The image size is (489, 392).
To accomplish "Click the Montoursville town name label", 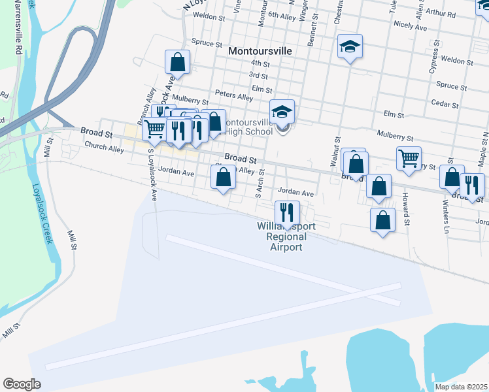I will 260,50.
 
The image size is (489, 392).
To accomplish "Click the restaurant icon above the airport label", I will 287,212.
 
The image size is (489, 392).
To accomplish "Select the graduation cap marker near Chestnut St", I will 350,46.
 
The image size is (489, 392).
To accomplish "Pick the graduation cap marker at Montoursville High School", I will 282,111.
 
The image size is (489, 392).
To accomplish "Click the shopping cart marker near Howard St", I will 409,157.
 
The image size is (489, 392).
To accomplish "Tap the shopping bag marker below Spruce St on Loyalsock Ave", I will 177,62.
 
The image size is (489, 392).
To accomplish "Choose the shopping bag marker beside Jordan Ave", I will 223,176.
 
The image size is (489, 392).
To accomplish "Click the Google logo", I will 22,384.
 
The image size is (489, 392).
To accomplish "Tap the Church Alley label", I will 104,148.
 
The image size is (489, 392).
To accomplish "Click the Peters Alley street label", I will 237,97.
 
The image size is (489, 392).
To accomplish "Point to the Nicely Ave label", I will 411,27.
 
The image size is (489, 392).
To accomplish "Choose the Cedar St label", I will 445,103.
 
